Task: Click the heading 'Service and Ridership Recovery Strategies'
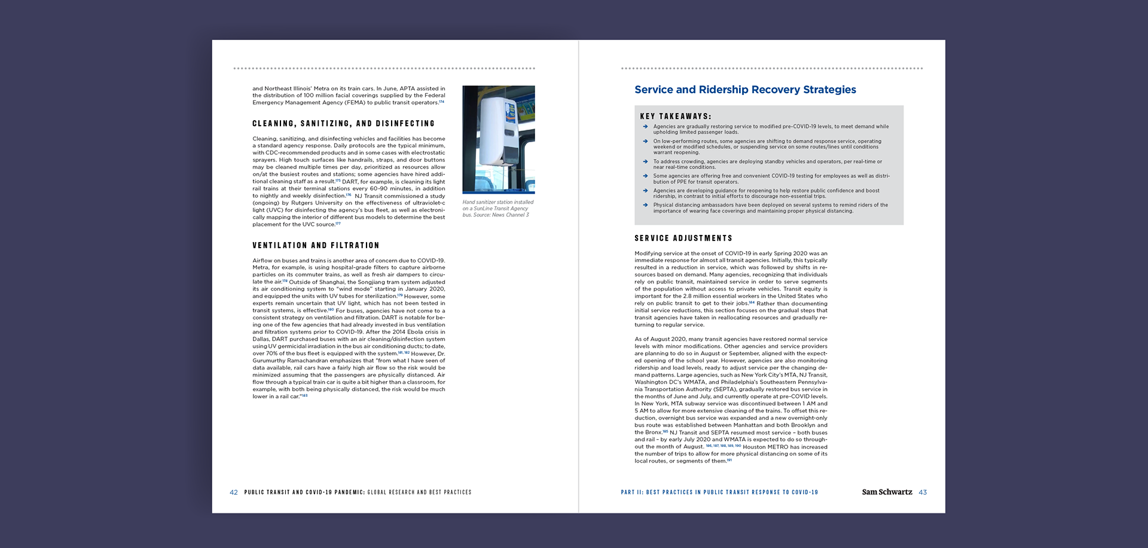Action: pyautogui.click(x=745, y=90)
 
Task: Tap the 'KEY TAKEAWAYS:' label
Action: pyautogui.click(x=676, y=117)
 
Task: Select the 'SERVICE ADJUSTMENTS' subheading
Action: pyautogui.click(x=683, y=238)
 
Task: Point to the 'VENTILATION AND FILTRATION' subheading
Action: pyautogui.click(x=316, y=246)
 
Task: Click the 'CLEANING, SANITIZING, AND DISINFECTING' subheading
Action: pyautogui.click(x=343, y=124)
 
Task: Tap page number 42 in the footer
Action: pyautogui.click(x=233, y=492)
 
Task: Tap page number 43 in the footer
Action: pyautogui.click(x=923, y=492)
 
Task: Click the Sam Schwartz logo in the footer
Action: pyautogui.click(x=887, y=492)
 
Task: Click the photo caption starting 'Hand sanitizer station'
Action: pyautogui.click(x=497, y=209)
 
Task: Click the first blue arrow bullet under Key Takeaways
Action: pyautogui.click(x=645, y=127)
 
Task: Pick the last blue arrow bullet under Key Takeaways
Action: pyautogui.click(x=645, y=205)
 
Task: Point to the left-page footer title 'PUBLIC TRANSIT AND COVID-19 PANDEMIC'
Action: pyautogui.click(x=304, y=492)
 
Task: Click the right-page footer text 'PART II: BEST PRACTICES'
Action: pyautogui.click(x=719, y=492)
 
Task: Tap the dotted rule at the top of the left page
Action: pyautogui.click(x=384, y=69)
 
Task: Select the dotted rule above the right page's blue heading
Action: pyautogui.click(x=771, y=69)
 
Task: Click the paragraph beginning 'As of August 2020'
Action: pyautogui.click(x=731, y=400)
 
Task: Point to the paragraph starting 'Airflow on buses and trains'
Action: pyautogui.click(x=349, y=328)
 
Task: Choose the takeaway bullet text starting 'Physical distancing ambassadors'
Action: pyautogui.click(x=770, y=208)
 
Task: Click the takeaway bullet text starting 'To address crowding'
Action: pyautogui.click(x=767, y=164)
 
